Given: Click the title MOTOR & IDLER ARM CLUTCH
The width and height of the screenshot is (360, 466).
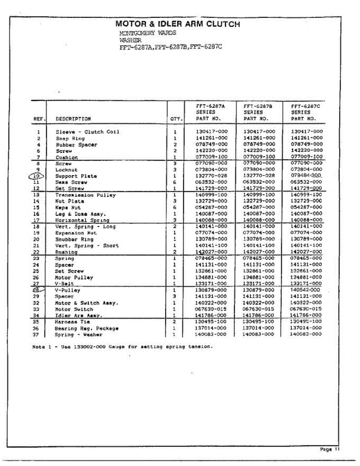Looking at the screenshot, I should [177, 24].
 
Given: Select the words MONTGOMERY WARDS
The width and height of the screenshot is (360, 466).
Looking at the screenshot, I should [148, 33].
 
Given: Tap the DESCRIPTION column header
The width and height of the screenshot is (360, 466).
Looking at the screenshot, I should [73, 119].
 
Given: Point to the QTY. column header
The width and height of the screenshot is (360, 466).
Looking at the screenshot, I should [176, 119].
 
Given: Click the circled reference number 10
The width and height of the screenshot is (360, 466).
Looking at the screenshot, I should [37, 176].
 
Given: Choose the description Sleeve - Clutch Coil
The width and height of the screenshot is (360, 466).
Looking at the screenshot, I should [87, 132].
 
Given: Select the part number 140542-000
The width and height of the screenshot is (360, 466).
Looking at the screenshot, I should [306, 290].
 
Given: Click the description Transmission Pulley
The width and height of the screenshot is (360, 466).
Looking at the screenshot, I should [85, 195].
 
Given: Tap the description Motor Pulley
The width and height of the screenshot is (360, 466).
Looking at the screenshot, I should [74, 278].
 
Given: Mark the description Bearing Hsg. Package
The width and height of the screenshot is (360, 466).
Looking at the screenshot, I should [87, 329].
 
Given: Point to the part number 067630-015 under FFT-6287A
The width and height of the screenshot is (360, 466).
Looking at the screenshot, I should [211, 309].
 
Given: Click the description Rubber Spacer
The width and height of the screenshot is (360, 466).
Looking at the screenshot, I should [76, 145].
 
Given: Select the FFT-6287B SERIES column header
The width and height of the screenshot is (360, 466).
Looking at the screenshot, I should [257, 112].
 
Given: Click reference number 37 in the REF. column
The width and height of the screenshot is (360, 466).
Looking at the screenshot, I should [37, 335].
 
